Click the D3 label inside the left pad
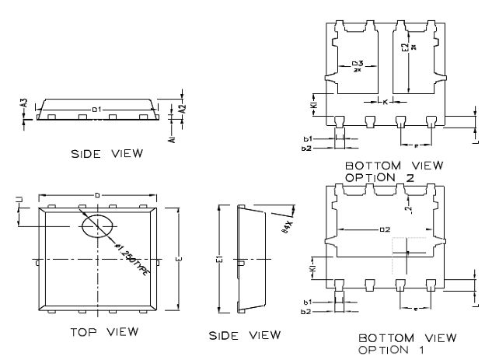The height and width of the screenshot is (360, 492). click(x=357, y=65)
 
